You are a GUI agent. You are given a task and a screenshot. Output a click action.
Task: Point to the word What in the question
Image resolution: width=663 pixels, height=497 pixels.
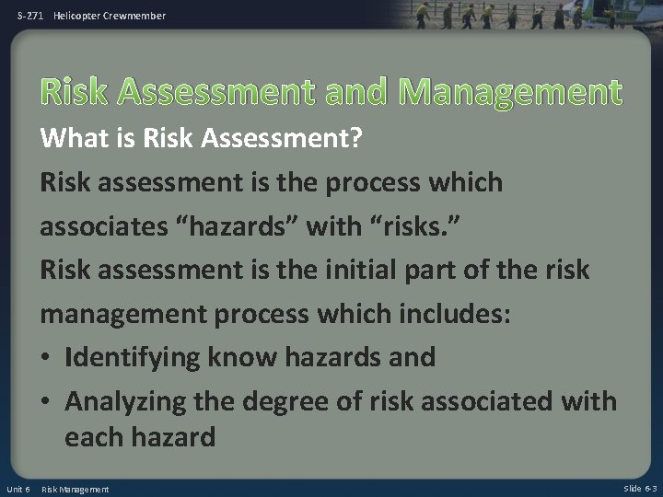(75, 138)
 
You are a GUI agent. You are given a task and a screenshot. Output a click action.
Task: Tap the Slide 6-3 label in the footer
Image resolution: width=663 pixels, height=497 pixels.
(640, 488)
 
